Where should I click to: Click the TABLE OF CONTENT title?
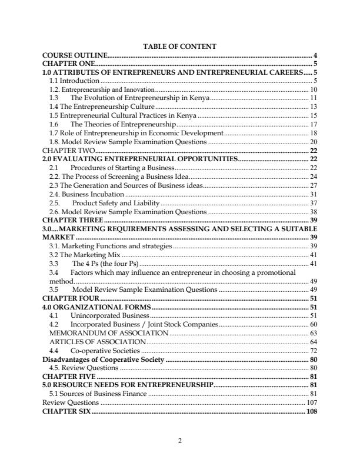pyautogui.click(x=180, y=46)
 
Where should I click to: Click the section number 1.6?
pyautogui.click(x=53, y=124)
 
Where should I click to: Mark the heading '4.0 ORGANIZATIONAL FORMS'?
pyautogui.click(x=97, y=307)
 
